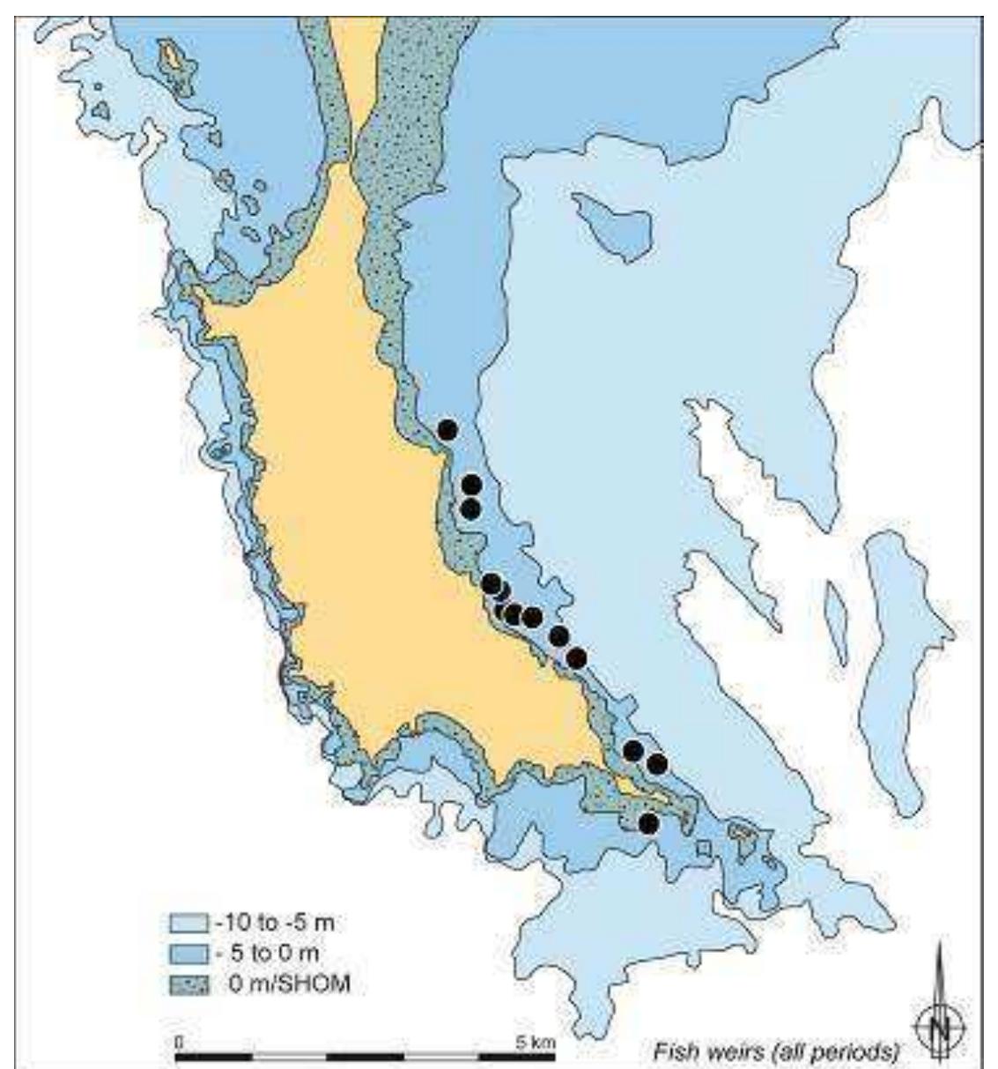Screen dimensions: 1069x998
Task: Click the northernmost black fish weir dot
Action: tap(447, 430)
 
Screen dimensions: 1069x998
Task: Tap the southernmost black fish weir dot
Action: tap(648, 823)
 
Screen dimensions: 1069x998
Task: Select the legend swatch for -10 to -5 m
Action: tap(188, 924)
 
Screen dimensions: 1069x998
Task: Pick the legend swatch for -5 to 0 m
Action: tap(188, 954)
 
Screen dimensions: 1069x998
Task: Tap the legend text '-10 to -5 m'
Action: tap(274, 924)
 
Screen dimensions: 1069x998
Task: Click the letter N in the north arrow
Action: tap(940, 1028)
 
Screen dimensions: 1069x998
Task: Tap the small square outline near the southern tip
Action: tap(703, 849)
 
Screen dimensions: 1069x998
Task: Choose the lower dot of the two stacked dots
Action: tap(470, 509)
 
